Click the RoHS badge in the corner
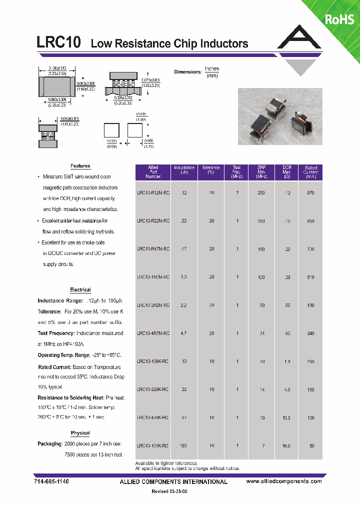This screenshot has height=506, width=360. click(x=339, y=19)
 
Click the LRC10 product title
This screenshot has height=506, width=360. click(x=59, y=42)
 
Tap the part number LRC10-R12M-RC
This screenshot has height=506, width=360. click(x=153, y=192)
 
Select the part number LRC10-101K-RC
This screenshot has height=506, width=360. click(x=153, y=445)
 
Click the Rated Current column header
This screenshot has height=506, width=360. click(x=310, y=172)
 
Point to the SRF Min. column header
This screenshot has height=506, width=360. click(x=261, y=172)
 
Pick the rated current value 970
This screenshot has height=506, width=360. click(x=310, y=192)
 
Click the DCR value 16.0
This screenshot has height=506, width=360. click(x=286, y=445)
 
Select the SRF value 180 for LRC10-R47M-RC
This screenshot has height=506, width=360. click(x=261, y=248)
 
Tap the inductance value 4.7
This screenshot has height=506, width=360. click(x=184, y=333)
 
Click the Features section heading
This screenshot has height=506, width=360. click(x=80, y=166)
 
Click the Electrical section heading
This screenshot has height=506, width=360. click(x=80, y=289)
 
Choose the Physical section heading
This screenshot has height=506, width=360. click(x=80, y=433)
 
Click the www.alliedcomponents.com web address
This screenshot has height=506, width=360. click(x=284, y=481)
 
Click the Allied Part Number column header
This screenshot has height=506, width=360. click(x=153, y=172)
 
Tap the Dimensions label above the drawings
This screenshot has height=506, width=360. click(x=187, y=72)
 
